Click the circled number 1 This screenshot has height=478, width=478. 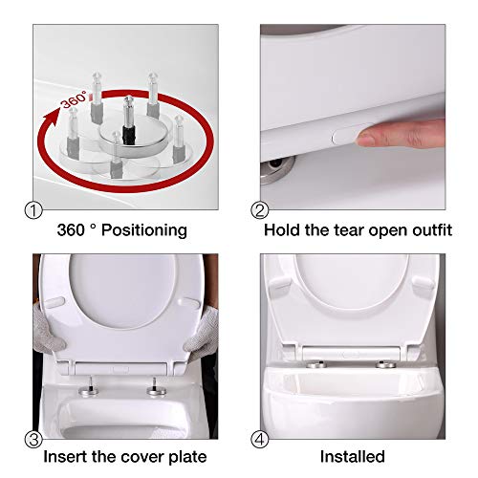tap(33, 211)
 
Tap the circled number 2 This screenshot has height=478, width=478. tap(260, 211)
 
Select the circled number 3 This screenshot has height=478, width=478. tap(33, 440)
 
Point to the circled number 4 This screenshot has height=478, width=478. tap(260, 440)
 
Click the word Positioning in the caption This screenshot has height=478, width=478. tap(144, 230)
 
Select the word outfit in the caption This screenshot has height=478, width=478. tap(432, 229)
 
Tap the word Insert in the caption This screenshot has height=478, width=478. tap(65, 456)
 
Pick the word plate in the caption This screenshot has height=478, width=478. tap(187, 457)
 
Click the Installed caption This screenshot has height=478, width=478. tap(353, 456)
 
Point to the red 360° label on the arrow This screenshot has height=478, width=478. tap(74, 99)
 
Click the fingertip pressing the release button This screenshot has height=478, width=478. tap(366, 137)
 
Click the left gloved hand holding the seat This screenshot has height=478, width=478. tap(48, 333)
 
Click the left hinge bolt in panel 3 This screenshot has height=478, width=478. tap(89, 387)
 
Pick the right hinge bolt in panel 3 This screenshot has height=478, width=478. tap(156, 388)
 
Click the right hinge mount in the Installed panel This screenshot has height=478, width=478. tap(386, 363)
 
